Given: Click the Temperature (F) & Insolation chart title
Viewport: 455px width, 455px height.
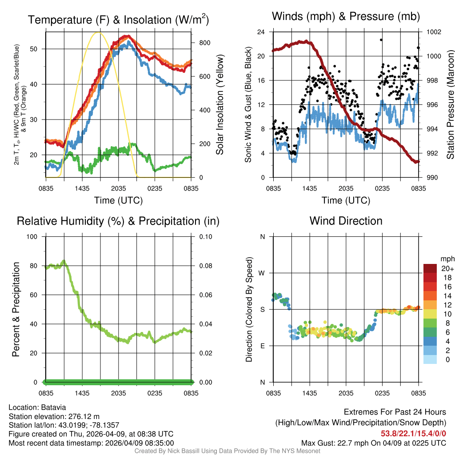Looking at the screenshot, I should coord(118,20).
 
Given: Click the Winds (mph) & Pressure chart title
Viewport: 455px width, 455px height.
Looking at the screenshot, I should coord(346,16).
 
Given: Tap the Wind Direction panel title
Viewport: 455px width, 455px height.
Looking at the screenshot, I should coord(346,221).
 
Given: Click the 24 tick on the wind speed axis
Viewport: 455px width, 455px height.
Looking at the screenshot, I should coord(262,32).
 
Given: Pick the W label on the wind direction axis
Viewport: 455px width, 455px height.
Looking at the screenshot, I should coord(262,273).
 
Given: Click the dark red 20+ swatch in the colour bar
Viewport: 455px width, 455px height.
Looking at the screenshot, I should coord(430,269).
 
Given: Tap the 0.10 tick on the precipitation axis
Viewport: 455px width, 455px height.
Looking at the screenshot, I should coord(206,236).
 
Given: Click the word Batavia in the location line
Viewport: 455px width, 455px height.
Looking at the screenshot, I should coord(53,407).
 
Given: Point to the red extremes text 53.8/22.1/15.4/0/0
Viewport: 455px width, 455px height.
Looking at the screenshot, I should coord(413,433).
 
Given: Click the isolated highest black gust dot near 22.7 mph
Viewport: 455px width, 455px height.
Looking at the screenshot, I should coord(381,40).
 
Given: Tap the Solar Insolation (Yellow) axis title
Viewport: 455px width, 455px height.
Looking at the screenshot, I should coord(220,105).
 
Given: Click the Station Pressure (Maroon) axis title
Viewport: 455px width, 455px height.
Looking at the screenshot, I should coord(450,105).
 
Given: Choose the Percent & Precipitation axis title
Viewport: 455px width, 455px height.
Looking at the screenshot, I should coord(16,309).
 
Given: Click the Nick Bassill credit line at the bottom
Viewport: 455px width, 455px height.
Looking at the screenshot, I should coord(227,451).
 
